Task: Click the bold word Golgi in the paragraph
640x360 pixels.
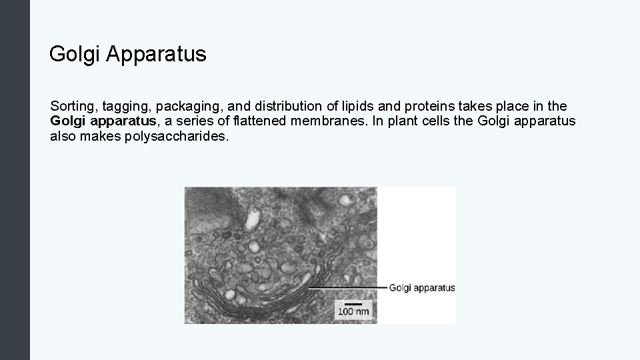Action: [x=67, y=122]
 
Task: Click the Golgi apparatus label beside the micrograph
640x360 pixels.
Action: [x=421, y=288]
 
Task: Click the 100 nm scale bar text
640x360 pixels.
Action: [x=353, y=312]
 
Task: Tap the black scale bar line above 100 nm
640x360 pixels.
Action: [x=353, y=304]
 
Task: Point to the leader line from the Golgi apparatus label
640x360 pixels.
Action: [x=347, y=287]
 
